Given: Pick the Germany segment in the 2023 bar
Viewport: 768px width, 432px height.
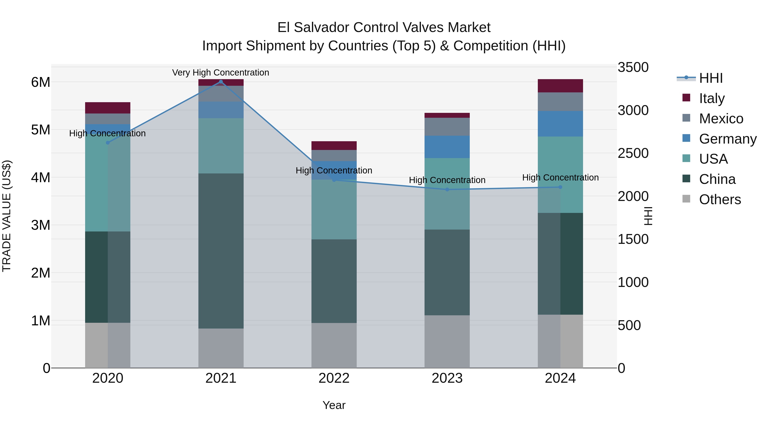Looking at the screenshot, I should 447,147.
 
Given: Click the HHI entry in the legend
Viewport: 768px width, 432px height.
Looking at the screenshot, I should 711,78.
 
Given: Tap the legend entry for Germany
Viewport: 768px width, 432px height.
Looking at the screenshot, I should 727,139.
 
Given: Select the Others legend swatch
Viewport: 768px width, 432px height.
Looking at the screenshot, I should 686,199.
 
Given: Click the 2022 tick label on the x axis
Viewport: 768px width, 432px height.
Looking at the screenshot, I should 334,378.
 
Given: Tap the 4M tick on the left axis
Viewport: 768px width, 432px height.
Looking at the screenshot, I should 41,178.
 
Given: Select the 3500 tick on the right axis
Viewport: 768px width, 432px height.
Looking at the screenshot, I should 633,67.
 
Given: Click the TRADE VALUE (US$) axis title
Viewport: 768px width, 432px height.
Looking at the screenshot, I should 7,216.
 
